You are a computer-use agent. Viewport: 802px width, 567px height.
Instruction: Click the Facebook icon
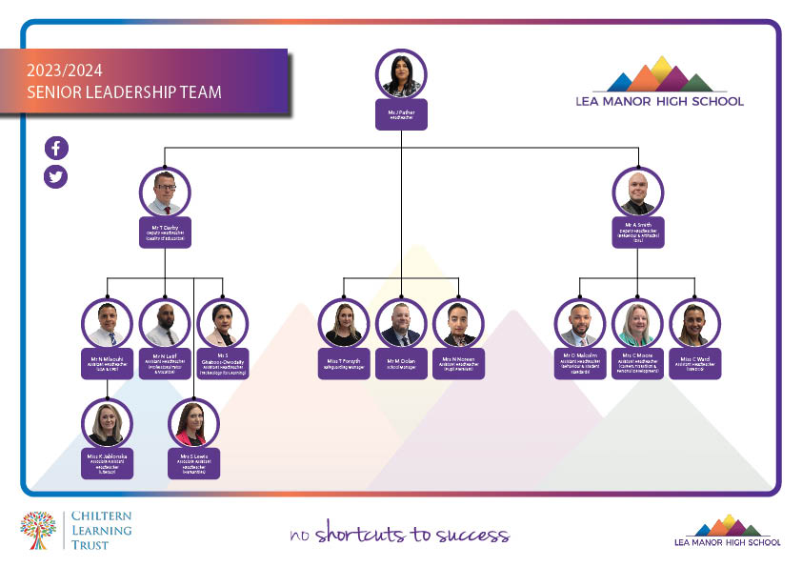pyautogui.click(x=56, y=148)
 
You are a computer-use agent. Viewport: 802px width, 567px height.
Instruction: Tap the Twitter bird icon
pyautogui.click(x=56, y=176)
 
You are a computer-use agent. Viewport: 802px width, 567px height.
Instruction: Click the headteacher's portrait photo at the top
pyautogui.click(x=401, y=74)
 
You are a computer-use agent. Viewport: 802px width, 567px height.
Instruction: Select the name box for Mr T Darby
pyautogui.click(x=165, y=233)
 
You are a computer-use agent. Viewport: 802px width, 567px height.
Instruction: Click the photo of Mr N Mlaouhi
pyautogui.click(x=107, y=324)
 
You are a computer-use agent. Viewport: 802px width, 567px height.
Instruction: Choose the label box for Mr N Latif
pyautogui.click(x=165, y=363)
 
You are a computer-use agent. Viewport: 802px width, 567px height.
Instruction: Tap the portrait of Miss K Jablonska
pyautogui.click(x=107, y=423)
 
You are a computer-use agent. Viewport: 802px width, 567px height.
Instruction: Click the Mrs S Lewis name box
pyautogui.click(x=193, y=463)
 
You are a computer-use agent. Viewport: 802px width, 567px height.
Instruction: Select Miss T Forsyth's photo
pyautogui.click(x=343, y=324)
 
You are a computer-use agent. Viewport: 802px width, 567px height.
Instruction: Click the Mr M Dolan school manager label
pyautogui.click(x=401, y=363)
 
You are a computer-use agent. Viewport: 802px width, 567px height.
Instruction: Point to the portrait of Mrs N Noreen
pyautogui.click(x=458, y=324)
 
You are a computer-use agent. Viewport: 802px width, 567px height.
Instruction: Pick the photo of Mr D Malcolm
pyautogui.click(x=580, y=324)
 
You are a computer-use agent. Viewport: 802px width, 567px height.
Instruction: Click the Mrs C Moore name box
pyautogui.click(x=637, y=363)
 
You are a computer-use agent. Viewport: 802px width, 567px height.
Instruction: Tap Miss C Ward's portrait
pyautogui.click(x=694, y=324)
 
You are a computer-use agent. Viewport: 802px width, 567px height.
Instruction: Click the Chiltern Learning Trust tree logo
pyautogui.click(x=39, y=531)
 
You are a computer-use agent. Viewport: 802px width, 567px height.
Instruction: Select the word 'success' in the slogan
pyautogui.click(x=472, y=535)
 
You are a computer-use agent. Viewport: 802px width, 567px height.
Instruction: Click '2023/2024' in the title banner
pyautogui.click(x=65, y=71)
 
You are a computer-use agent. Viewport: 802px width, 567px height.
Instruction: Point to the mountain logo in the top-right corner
pyautogui.click(x=659, y=76)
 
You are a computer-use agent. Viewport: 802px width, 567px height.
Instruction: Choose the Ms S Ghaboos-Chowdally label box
pyautogui.click(x=222, y=363)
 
